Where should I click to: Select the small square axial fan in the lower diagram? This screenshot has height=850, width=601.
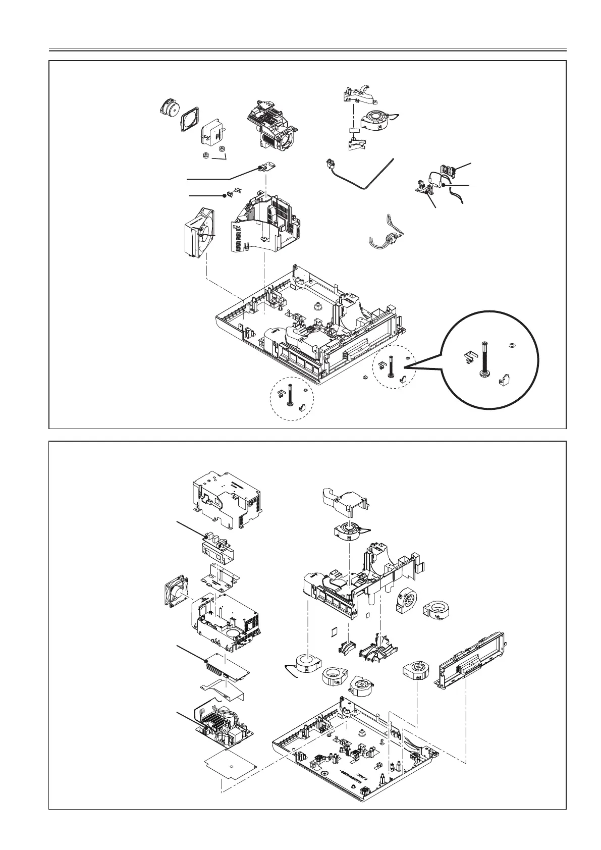[x=174, y=593]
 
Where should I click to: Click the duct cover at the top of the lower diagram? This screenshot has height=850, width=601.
[x=349, y=505]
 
